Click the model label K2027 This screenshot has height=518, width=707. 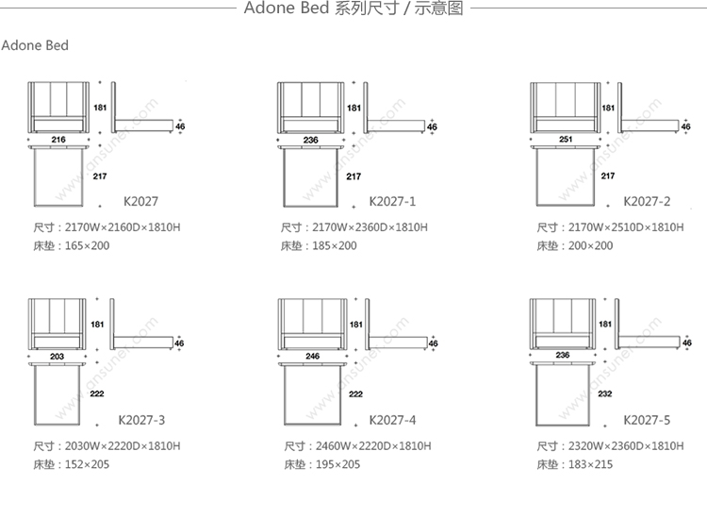point(140,201)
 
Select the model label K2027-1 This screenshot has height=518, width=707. point(393,201)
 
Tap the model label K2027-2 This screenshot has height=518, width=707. point(647,201)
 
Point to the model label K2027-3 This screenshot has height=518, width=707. point(141,419)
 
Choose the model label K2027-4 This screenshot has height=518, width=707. point(393,419)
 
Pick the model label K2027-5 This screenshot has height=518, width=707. point(647,419)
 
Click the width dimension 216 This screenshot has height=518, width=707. point(58,140)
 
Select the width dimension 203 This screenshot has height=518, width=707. point(58,356)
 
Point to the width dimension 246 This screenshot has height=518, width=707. point(312,356)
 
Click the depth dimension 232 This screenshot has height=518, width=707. point(605,394)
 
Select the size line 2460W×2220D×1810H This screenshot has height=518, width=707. point(358,445)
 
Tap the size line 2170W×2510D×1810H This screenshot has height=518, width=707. point(610,227)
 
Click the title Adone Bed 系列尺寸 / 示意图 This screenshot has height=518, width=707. point(353,10)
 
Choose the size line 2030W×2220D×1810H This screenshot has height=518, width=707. point(106,445)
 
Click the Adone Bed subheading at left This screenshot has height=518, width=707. point(35,46)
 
